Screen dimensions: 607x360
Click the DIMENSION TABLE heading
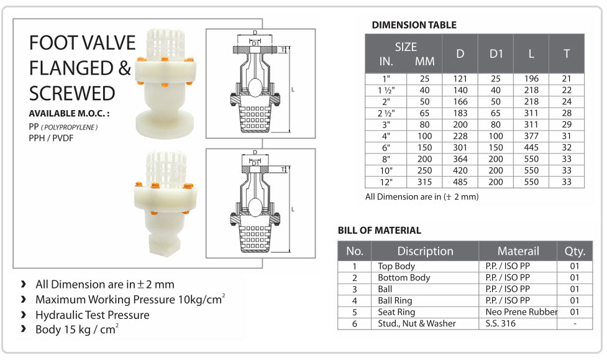pos(414,25)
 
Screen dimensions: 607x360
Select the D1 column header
pos(496,54)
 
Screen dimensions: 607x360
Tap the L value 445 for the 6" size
pos(531,147)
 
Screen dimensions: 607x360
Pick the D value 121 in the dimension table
pos(460,79)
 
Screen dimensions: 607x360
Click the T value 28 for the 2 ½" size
pos(567,113)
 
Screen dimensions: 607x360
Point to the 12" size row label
pos(386,182)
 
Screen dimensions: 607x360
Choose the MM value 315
pos(424,182)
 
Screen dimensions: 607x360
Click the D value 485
pos(460,182)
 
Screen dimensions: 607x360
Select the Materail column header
pos(518,251)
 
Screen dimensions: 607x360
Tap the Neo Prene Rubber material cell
pos(521,312)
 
